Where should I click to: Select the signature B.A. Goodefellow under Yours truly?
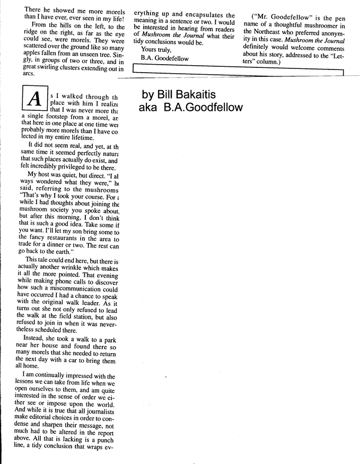(x=164, y=58)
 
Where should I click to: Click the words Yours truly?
(x=156, y=50)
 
